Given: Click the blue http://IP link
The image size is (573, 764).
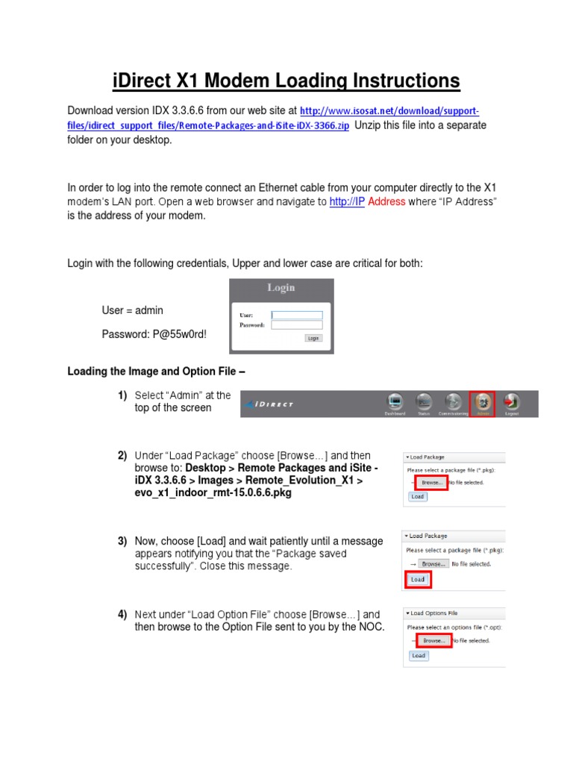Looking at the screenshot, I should click(347, 201).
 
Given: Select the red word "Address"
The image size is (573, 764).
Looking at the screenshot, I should click(387, 201).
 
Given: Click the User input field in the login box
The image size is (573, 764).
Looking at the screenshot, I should click(297, 315).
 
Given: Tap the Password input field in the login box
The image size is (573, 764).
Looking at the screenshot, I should click(297, 325).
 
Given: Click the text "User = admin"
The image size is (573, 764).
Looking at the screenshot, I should click(132, 310).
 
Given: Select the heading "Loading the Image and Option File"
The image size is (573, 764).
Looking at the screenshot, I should click(156, 371).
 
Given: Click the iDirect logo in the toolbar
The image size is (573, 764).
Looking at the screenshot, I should click(272, 404).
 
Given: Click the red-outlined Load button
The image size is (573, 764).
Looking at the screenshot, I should click(418, 579).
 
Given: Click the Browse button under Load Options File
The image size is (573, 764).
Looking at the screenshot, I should click(433, 640).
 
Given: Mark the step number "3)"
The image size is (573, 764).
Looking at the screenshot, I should click(122, 541).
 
